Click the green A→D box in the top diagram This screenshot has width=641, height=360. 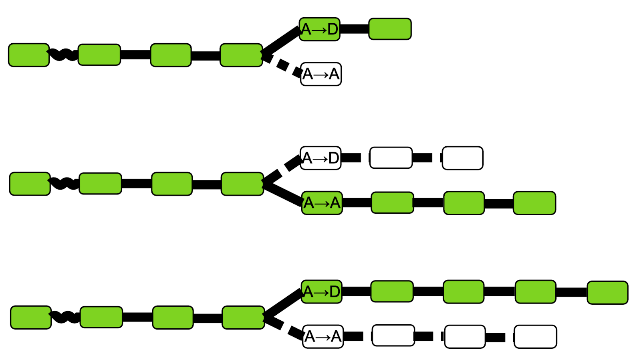319,29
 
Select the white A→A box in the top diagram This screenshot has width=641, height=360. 321,74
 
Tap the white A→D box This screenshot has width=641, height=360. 320,158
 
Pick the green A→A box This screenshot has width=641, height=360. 322,203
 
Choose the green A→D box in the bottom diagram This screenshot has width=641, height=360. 321,291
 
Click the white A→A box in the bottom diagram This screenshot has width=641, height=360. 323,336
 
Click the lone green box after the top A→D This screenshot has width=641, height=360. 390,29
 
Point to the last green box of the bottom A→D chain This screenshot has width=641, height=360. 607,293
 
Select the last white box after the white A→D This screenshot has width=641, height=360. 462,158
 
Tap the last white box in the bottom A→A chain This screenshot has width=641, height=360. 535,337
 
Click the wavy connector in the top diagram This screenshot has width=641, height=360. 63,55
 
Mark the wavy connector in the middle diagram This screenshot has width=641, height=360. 64,183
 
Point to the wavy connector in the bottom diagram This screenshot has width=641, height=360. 65,317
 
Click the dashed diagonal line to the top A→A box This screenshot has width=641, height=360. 282,65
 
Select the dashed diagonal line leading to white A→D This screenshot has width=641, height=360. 282,170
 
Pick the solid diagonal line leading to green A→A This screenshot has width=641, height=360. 283,193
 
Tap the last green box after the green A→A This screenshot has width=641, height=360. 534,203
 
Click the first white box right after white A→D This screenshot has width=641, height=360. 391,158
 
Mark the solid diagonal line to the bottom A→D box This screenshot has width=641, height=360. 283,304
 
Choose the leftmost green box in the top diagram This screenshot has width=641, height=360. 29,55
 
